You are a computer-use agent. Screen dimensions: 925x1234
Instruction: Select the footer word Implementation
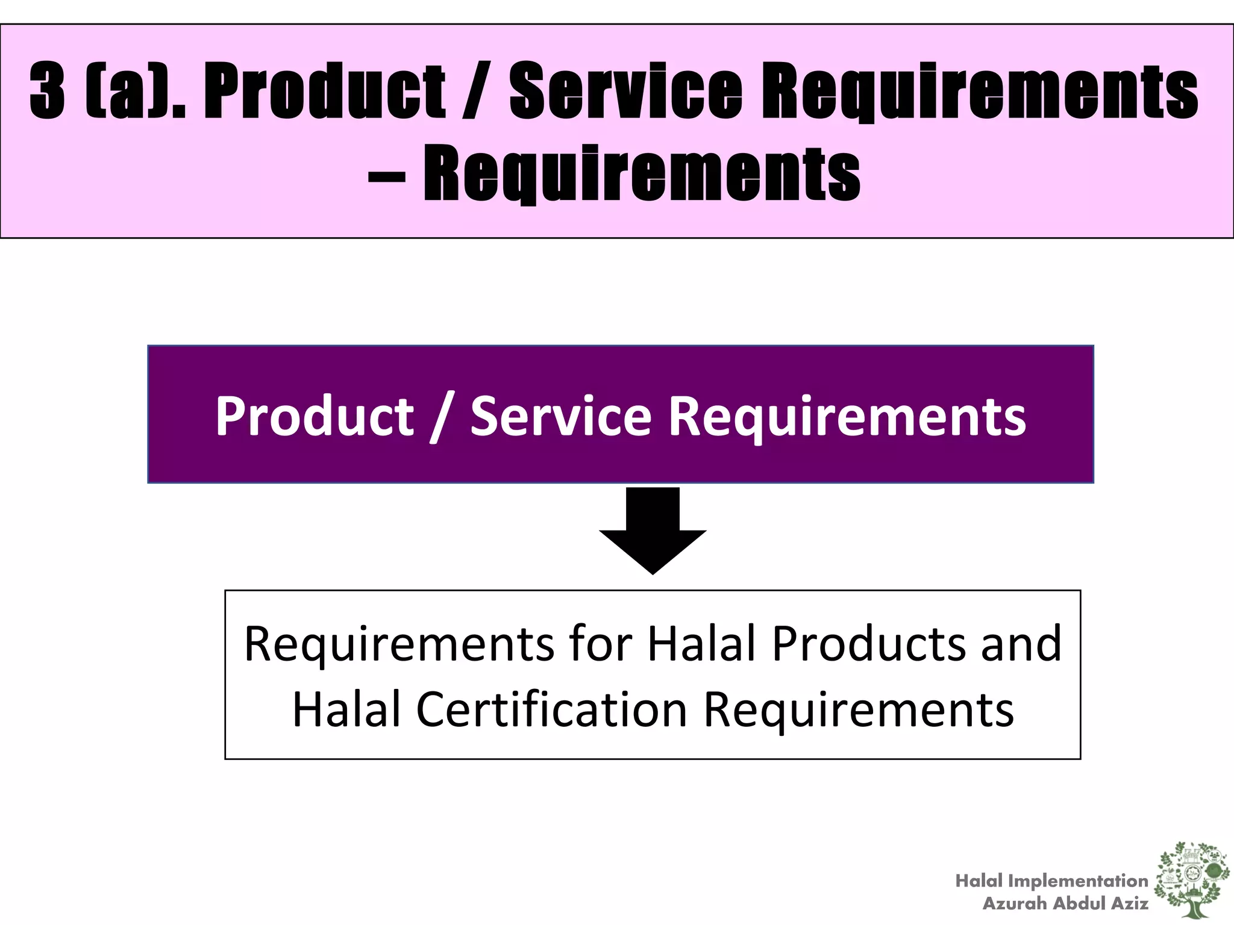click(x=1078, y=881)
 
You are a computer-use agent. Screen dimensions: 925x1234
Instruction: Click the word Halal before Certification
click(x=346, y=709)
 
